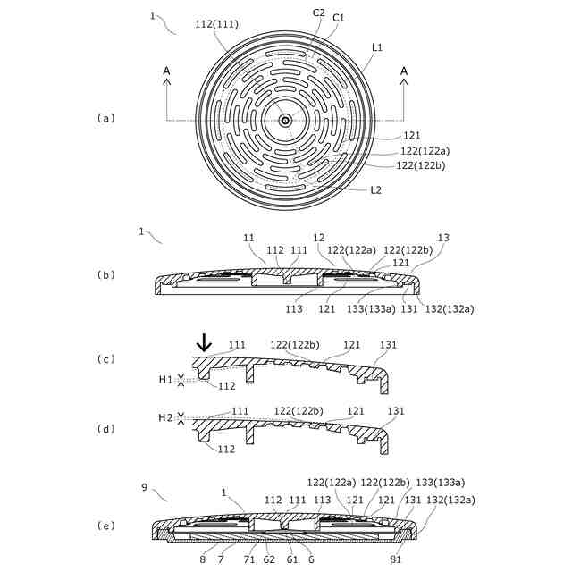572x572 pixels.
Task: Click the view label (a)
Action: click(x=107, y=118)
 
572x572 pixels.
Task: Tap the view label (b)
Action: click(x=107, y=275)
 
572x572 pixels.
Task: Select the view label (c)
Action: click(x=107, y=358)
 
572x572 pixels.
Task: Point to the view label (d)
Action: click(x=107, y=428)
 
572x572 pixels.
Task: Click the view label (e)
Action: click(x=107, y=525)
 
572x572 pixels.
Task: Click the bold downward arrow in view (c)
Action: click(x=205, y=342)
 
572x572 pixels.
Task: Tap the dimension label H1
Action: click(x=165, y=380)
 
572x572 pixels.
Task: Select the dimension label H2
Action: click(x=165, y=417)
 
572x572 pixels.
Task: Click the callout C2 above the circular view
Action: click(x=318, y=13)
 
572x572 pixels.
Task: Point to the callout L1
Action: click(x=377, y=46)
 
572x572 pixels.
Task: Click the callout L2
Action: click(x=377, y=189)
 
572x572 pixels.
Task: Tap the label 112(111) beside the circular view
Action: click(x=216, y=24)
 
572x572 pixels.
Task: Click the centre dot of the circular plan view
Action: click(x=285, y=120)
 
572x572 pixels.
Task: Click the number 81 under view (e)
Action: click(x=397, y=559)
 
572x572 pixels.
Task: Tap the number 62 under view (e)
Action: click(x=267, y=559)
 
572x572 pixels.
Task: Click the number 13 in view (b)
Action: click(x=444, y=238)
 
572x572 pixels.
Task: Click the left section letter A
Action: click(x=166, y=71)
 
